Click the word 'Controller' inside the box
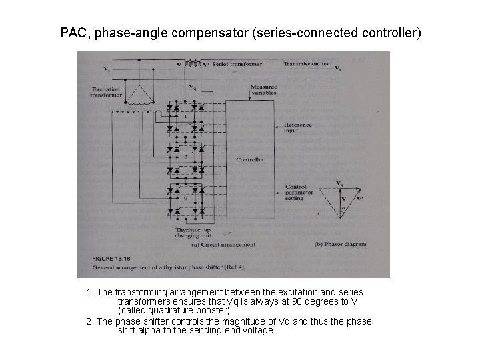[x=250, y=160]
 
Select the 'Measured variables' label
[x=264, y=91]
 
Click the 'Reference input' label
[x=297, y=127]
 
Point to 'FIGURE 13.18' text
[x=107, y=257]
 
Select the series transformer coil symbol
[x=194, y=64]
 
